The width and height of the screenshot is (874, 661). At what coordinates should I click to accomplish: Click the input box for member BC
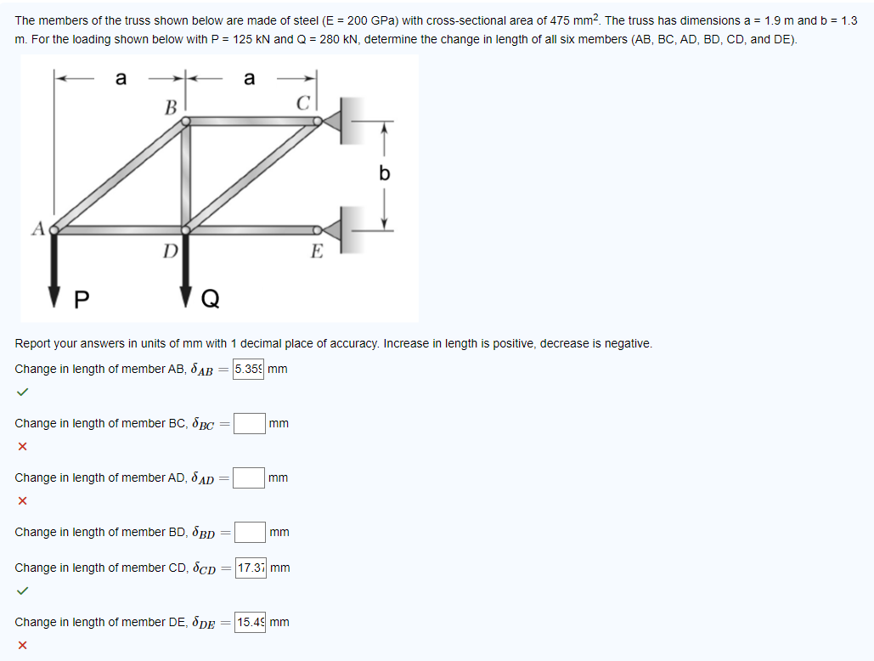[250, 423]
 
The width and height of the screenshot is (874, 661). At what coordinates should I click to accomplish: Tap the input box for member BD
[251, 533]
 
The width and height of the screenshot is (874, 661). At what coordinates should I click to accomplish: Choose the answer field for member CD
[251, 568]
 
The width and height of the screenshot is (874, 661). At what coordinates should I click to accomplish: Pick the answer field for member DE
[251, 622]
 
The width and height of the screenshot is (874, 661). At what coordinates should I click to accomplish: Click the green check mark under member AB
[22, 392]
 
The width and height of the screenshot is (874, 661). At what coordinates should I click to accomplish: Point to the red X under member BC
[22, 446]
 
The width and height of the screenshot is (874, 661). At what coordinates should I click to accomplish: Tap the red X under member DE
[22, 645]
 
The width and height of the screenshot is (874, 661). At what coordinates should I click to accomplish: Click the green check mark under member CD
[22, 590]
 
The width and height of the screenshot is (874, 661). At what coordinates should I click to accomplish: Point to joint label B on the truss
[170, 108]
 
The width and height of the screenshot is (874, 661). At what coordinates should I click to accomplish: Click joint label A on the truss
[37, 227]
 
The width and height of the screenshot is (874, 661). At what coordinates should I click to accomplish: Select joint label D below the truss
[170, 251]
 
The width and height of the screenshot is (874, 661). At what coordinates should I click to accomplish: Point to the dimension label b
[385, 174]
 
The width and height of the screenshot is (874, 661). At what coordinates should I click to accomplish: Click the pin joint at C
[318, 121]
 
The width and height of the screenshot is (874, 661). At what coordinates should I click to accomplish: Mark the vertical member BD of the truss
[185, 175]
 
